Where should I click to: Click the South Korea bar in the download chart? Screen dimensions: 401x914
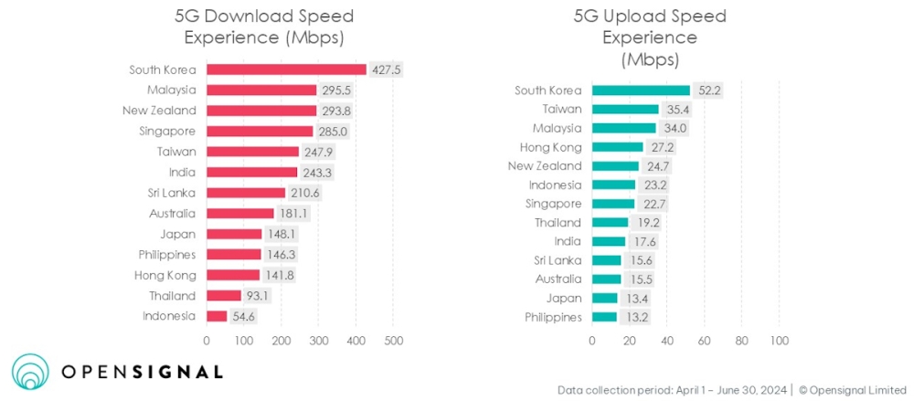pyautogui.click(x=286, y=69)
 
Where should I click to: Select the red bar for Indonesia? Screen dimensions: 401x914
pyautogui.click(x=217, y=316)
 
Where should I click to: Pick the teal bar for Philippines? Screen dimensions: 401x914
pyautogui.click(x=604, y=317)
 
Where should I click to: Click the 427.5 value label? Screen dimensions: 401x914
pyautogui.click(x=383, y=69)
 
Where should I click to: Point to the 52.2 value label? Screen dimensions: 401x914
pyautogui.click(x=706, y=90)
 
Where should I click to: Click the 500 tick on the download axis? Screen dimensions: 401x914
pyautogui.click(x=393, y=341)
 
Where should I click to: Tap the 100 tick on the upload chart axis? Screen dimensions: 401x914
pyautogui.click(x=779, y=341)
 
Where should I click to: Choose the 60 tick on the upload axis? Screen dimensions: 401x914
pyautogui.click(x=704, y=341)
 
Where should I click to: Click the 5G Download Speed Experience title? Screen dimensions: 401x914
pyautogui.click(x=264, y=26)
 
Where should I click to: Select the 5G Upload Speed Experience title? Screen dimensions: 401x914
pyautogui.click(x=650, y=37)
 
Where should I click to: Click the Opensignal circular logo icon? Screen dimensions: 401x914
pyautogui.click(x=30, y=372)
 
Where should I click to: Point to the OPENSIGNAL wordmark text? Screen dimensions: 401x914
pyautogui.click(x=142, y=372)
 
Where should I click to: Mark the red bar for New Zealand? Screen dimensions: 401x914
pyautogui.click(x=260, y=111)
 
